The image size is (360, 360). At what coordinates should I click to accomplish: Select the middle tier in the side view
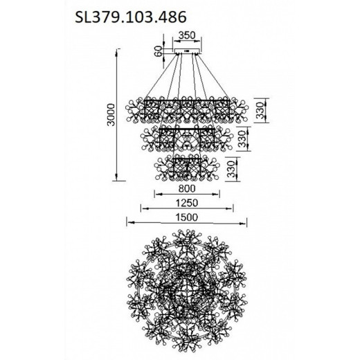pos(186,140)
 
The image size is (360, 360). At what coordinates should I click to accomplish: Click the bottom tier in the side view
pos(186,168)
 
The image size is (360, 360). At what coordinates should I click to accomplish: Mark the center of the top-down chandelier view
pos(186,289)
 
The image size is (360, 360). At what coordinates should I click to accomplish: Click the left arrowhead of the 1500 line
pos(127,224)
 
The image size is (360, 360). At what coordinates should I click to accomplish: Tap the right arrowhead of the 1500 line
pos(246,224)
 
